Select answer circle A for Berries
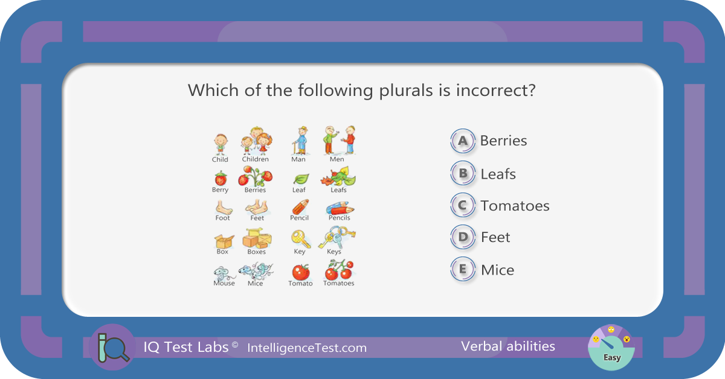463,141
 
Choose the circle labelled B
463,173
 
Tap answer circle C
463,205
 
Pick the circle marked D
463,237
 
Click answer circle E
463,269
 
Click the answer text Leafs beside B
498,174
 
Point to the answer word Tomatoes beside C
515,206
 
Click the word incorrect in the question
495,90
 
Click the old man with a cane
301,141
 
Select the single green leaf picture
301,179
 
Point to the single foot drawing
224,208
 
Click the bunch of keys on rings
337,237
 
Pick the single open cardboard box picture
224,241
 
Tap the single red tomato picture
301,272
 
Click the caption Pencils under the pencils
339,218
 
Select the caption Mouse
224,283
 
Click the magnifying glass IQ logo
113,347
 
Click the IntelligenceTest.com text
307,348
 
